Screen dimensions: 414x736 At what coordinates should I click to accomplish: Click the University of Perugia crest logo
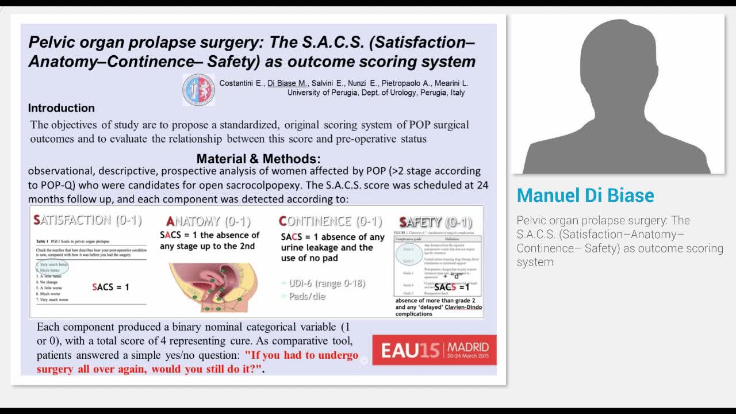pyautogui.click(x=198, y=89)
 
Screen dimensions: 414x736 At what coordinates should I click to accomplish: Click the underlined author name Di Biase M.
pyautogui.click(x=287, y=83)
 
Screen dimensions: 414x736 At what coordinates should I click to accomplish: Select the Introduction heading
pyautogui.click(x=62, y=108)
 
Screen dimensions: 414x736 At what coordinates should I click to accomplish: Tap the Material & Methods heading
pyautogui.click(x=258, y=159)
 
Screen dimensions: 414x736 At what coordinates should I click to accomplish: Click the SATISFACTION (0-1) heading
pyautogui.click(x=87, y=220)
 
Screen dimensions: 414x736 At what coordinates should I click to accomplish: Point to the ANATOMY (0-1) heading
pyautogui.click(x=208, y=221)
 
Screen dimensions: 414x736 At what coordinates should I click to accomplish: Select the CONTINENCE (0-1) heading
pyautogui.click(x=330, y=221)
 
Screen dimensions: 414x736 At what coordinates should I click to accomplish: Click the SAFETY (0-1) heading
pyautogui.click(x=435, y=222)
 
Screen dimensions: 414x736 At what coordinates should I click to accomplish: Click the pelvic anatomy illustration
pyautogui.click(x=213, y=287)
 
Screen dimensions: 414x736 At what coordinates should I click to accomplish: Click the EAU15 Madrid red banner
pyautogui.click(x=434, y=350)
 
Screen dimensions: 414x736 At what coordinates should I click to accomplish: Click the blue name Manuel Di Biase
pyautogui.click(x=585, y=195)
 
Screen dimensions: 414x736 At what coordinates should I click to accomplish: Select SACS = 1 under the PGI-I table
pyautogui.click(x=110, y=287)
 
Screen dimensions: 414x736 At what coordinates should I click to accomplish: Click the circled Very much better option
pyautogui.click(x=53, y=264)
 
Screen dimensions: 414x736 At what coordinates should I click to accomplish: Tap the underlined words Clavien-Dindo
pyautogui.click(x=463, y=307)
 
